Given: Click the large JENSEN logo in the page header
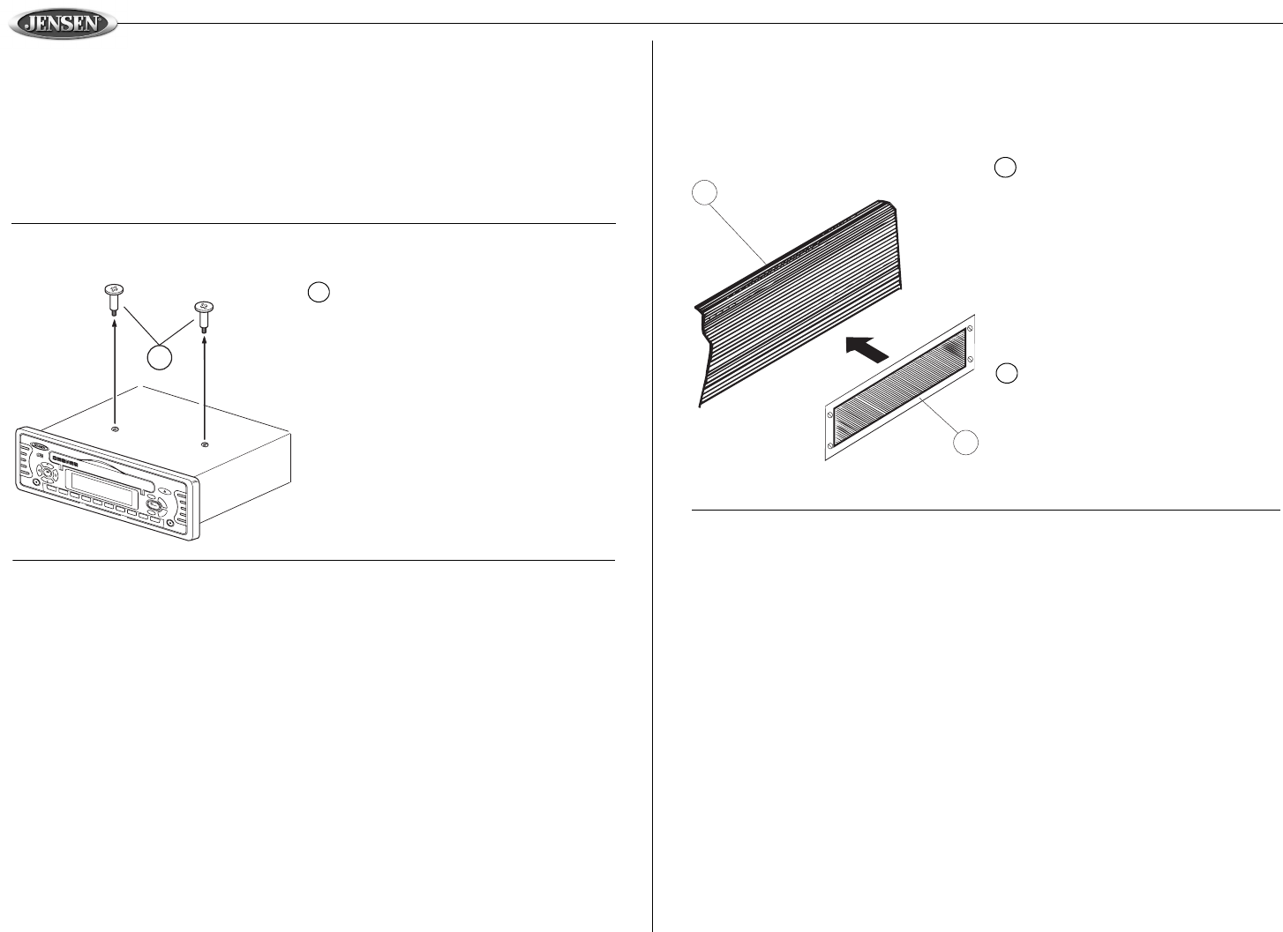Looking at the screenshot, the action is pos(63,24).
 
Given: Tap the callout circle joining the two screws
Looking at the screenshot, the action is pos(160,357).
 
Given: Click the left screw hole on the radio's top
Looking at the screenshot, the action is pos(116,429).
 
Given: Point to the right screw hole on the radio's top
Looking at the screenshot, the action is pos(205,444).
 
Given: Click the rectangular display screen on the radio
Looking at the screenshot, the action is pos(103,483).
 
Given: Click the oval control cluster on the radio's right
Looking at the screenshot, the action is pos(155,506).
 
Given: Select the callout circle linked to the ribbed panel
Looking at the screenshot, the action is pos(703,193).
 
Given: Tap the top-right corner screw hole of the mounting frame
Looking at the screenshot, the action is pos(970,329).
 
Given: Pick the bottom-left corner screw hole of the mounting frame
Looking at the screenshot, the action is pos(830,444).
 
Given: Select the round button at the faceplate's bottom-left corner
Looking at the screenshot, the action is pos(35,484).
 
